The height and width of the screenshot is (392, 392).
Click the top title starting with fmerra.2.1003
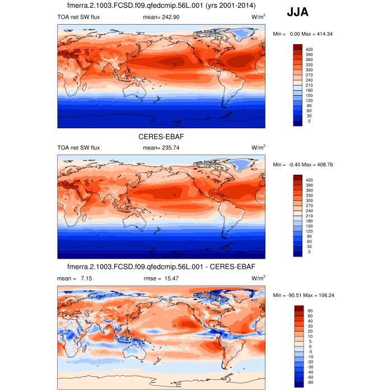(162, 6)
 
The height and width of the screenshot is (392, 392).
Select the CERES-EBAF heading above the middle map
(162, 136)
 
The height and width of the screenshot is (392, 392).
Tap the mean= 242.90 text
(161, 18)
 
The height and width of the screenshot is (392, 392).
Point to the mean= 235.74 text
(161, 148)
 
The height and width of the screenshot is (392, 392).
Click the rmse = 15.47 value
(162, 278)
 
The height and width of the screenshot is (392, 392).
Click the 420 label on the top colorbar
(309, 50)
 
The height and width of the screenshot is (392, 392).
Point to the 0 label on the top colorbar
(309, 121)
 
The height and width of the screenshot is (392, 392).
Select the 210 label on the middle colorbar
(309, 216)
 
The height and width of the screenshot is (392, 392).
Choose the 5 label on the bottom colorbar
(309, 342)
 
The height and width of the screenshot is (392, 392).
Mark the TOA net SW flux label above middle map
(78, 148)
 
